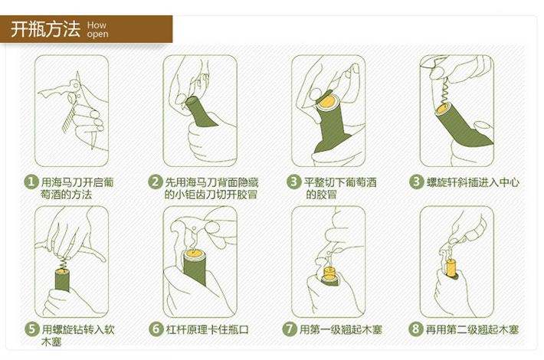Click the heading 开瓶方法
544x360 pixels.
coord(44,30)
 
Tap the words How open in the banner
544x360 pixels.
coord(97,30)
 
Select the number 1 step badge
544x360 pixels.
coord(31,182)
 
